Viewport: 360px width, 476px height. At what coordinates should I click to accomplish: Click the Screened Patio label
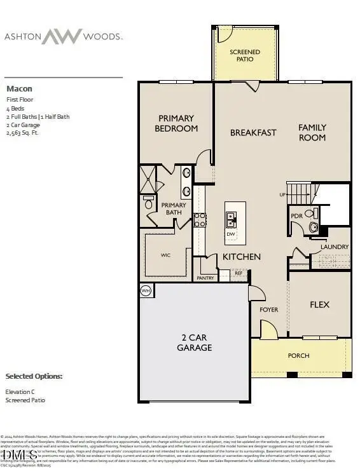(x=245, y=55)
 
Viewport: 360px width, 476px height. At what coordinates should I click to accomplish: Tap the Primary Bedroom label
(x=176, y=123)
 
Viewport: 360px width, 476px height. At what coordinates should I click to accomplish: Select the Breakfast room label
(x=253, y=133)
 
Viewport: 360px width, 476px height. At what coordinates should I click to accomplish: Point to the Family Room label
(x=312, y=132)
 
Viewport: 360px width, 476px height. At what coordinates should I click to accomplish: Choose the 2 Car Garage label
(x=194, y=343)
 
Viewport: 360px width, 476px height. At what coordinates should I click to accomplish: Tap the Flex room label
(x=319, y=304)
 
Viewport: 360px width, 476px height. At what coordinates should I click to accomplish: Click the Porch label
(x=298, y=355)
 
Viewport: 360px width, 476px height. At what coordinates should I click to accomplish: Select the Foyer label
(x=270, y=309)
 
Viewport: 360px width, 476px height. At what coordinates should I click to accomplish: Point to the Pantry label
(x=205, y=278)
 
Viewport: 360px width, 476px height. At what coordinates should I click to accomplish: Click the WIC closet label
(x=165, y=255)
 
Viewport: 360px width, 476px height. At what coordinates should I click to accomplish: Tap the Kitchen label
(x=241, y=257)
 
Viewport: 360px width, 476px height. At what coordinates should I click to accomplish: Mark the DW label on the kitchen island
(x=230, y=234)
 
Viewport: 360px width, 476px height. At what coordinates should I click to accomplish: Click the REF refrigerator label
(x=239, y=273)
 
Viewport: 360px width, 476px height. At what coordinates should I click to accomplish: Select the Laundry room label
(x=334, y=247)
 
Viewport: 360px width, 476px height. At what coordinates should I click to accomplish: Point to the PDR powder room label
(x=296, y=216)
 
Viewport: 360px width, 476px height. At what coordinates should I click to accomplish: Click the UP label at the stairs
(x=283, y=194)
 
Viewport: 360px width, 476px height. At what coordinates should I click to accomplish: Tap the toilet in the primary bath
(x=148, y=201)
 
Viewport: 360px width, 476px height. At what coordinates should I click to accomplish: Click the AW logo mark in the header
(x=62, y=36)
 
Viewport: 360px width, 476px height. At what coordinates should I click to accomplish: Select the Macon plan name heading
(x=19, y=89)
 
